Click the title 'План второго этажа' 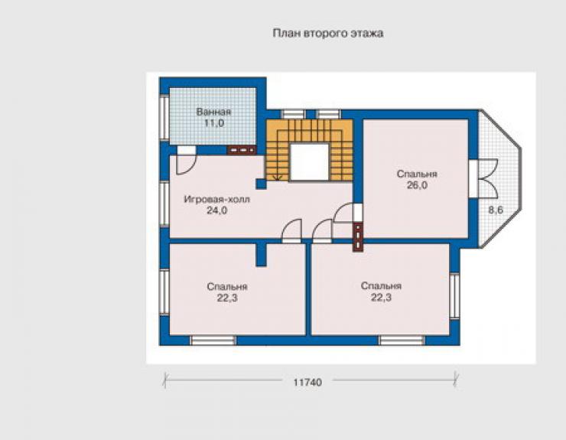(x=328, y=34)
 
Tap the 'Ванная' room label (x=213, y=112)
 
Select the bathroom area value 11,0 (x=214, y=123)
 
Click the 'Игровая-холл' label (x=217, y=200)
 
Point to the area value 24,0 (x=216, y=210)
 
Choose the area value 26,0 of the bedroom (x=417, y=185)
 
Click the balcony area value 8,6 (x=496, y=210)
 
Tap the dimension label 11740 (x=307, y=382)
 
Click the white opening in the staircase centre (x=310, y=161)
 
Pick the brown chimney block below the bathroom (x=242, y=149)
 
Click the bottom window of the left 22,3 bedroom (x=213, y=341)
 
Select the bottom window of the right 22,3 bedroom (x=402, y=341)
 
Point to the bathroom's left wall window (x=164, y=118)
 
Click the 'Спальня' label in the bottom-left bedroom (x=227, y=287)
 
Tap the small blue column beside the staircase (x=261, y=184)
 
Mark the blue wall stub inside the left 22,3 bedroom (x=261, y=255)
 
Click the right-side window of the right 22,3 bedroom (x=455, y=296)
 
